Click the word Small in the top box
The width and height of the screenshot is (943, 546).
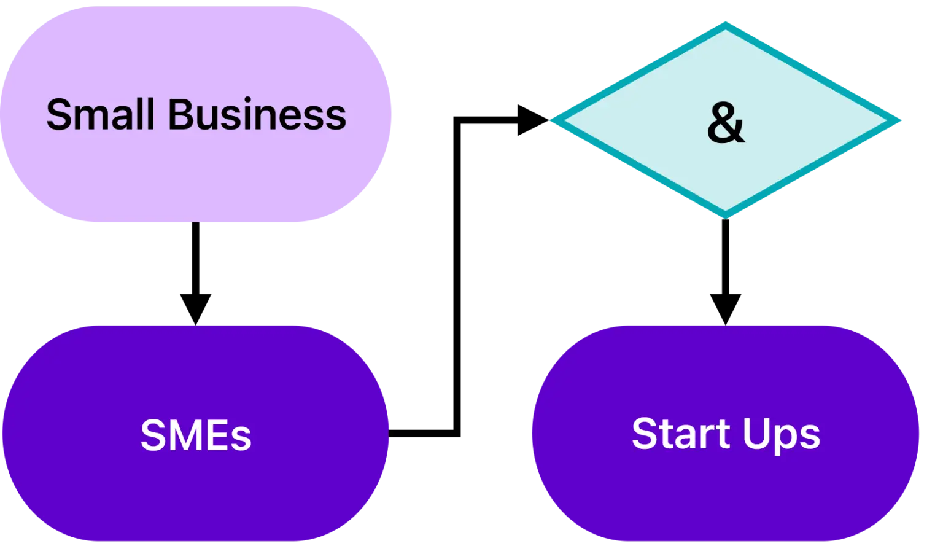pyautogui.click(x=100, y=115)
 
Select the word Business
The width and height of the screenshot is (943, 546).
pyautogui.click(x=257, y=115)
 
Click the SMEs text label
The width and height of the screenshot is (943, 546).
pyautogui.click(x=196, y=435)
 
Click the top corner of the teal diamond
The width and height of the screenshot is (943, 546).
pyautogui.click(x=725, y=25)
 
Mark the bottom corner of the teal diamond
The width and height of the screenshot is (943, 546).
pyautogui.click(x=725, y=215)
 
